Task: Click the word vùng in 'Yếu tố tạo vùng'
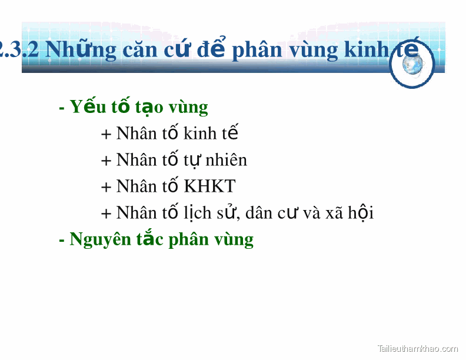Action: (188, 108)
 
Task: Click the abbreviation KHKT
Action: (209, 186)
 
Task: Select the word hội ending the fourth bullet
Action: (361, 213)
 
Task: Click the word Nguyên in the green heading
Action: (100, 239)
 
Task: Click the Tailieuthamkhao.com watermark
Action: (417, 348)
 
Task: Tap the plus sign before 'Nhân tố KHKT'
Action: (106, 187)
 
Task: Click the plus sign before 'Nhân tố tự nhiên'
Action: (106, 161)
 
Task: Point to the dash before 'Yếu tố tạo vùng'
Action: (62, 108)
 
